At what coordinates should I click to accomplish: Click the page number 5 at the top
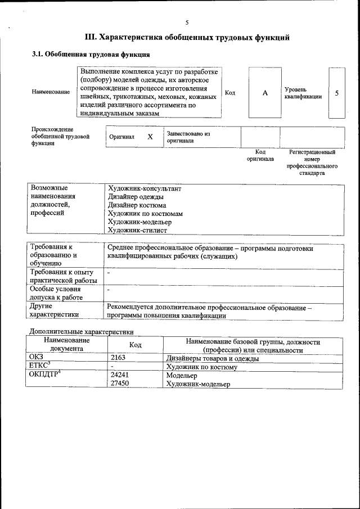pos(187,22)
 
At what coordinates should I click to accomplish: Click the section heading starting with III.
pos(187,38)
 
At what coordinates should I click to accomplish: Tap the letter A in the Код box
pos(264,93)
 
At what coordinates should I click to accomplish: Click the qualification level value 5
pos(336,93)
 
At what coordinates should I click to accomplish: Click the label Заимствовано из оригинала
pos(188,137)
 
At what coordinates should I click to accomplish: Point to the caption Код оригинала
pos(260,156)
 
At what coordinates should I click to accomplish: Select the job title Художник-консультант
pos(145,189)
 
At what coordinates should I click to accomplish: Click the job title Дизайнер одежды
pos(136,197)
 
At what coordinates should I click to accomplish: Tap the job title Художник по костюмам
pos(145,214)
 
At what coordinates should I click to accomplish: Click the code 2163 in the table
pos(119,358)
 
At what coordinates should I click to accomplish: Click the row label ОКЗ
pos(36,358)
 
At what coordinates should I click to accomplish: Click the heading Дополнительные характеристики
pos(81,331)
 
